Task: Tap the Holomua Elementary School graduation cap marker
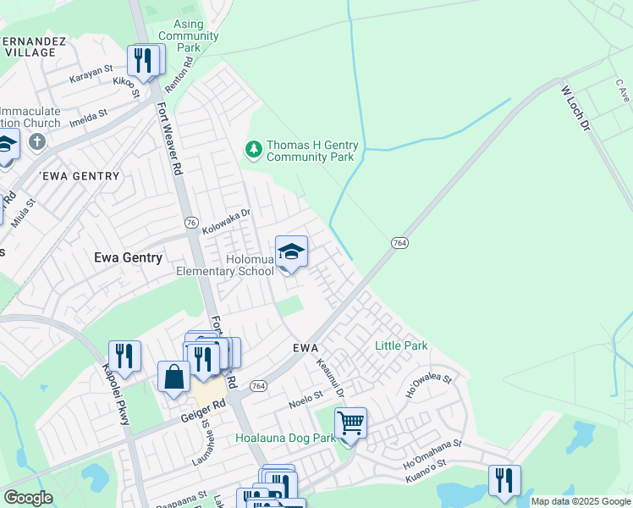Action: (x=291, y=251)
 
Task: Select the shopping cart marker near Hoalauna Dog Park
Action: (x=350, y=422)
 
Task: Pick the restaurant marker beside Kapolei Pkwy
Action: (x=124, y=356)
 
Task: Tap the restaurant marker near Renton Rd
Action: (x=144, y=60)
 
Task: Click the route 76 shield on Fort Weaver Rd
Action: (x=191, y=222)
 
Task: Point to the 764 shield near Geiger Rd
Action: (x=259, y=386)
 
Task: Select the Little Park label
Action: (x=401, y=345)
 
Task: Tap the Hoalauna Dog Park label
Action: (x=284, y=439)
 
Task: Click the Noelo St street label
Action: (x=306, y=395)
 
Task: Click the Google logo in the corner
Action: (x=28, y=498)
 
